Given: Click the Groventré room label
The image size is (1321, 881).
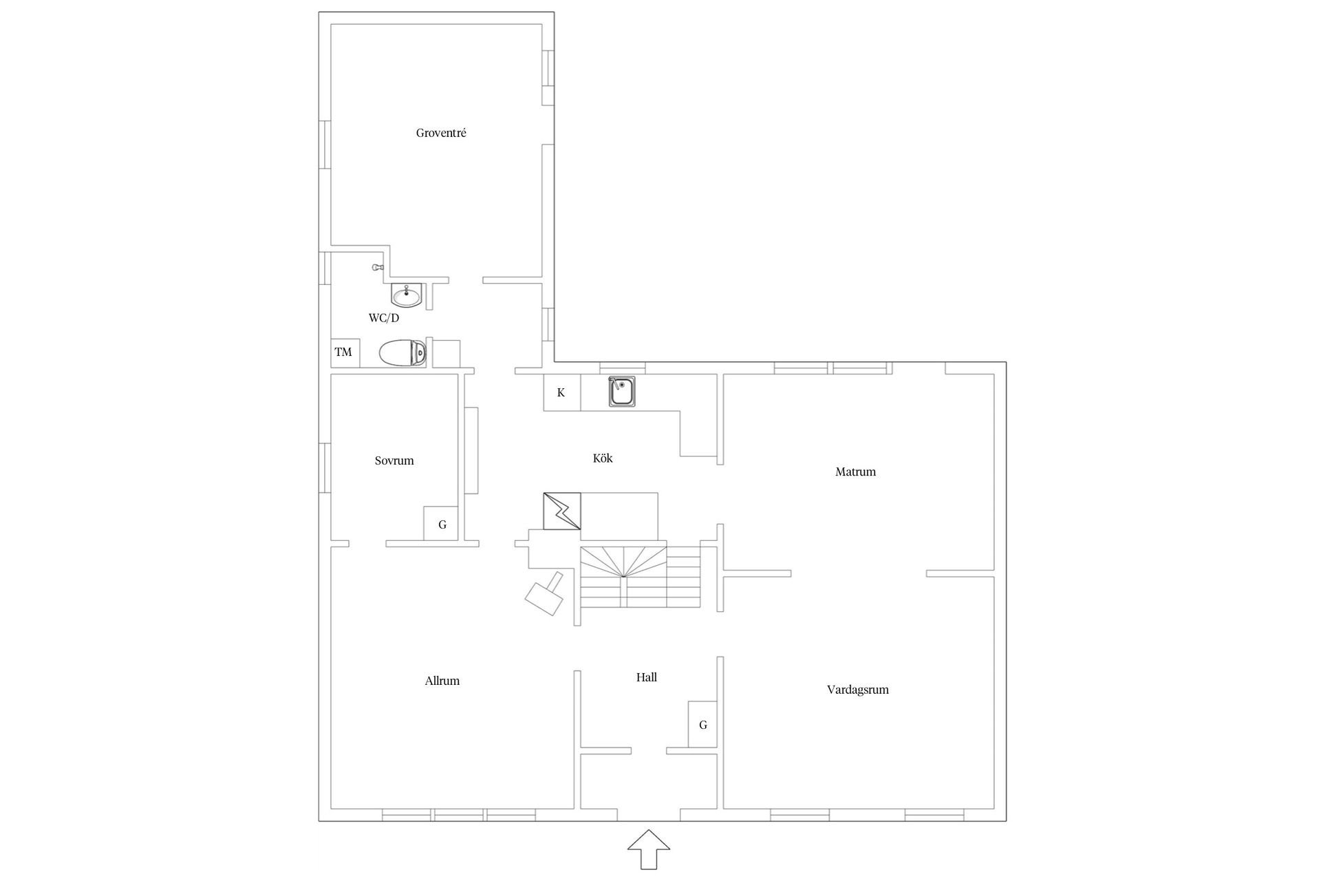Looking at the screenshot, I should click(x=441, y=133).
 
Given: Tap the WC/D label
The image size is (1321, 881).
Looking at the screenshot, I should click(x=384, y=318).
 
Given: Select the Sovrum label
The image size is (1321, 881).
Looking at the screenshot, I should click(x=394, y=460).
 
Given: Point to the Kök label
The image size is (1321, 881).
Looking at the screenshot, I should click(x=603, y=458).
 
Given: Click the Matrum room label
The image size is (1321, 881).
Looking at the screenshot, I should click(x=855, y=471).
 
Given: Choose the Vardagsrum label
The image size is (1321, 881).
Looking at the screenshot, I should click(x=857, y=689).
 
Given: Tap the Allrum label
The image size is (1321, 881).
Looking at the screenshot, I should click(x=442, y=681).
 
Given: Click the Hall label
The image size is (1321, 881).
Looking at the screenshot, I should click(x=646, y=677).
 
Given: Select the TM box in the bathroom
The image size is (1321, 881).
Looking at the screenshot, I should click(x=343, y=352).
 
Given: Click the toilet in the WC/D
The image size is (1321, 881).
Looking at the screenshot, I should click(x=402, y=354).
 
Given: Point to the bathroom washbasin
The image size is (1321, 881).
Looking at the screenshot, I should click(x=406, y=296).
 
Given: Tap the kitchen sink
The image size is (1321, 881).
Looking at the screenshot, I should click(x=622, y=392).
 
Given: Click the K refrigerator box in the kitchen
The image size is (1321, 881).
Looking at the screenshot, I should click(x=561, y=393).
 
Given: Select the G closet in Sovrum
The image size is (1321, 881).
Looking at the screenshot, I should click(x=441, y=524).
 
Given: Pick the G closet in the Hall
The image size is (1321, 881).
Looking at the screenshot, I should click(x=702, y=725).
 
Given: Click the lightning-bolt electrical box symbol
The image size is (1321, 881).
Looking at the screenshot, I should click(x=562, y=511).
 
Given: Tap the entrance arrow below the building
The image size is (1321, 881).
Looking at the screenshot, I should click(x=648, y=849).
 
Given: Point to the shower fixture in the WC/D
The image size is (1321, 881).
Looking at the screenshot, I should click(x=376, y=266).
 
